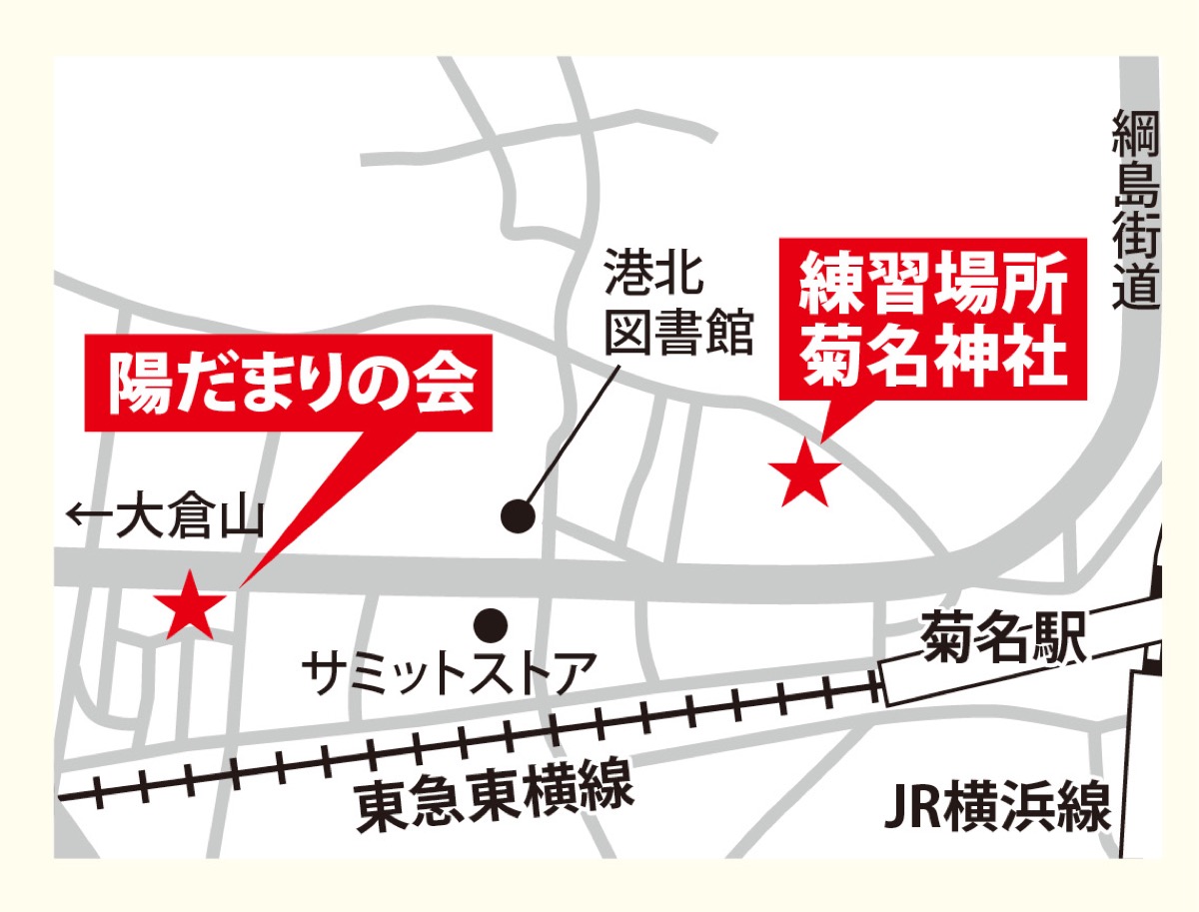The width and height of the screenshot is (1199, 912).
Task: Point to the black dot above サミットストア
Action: pyautogui.click(x=491, y=626)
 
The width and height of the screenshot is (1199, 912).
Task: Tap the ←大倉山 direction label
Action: pyautogui.click(x=165, y=519)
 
